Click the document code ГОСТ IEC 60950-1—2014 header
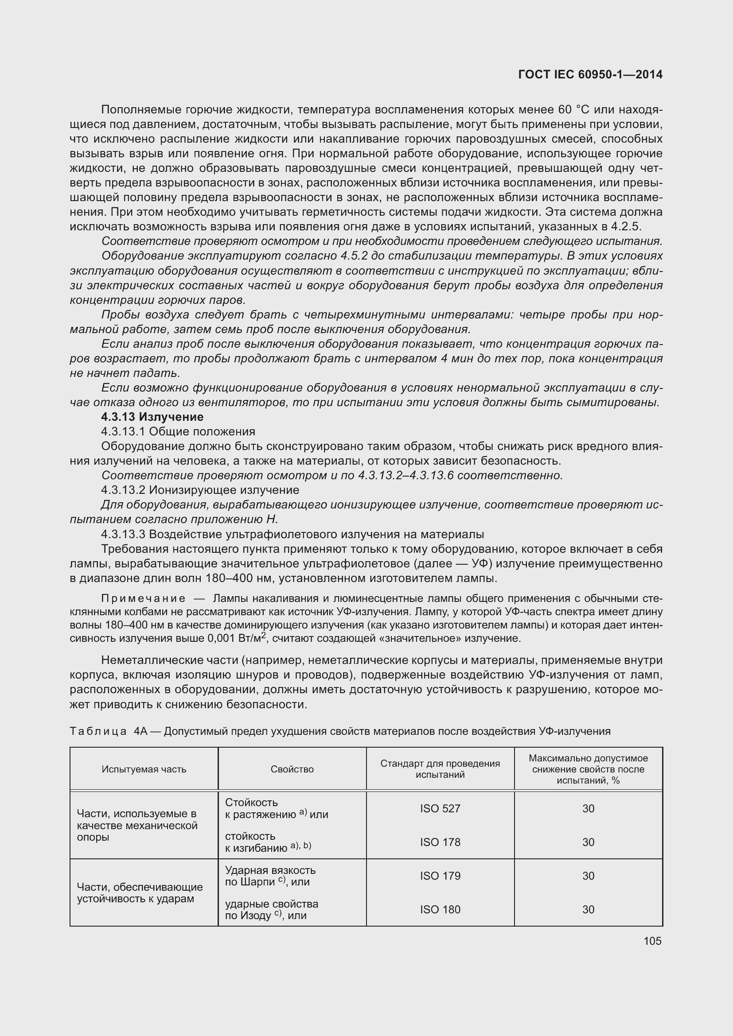point(590,74)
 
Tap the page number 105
point(652,941)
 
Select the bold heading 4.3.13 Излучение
point(152,416)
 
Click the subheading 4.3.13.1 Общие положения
point(178,431)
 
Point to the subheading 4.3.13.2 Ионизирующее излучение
point(200,490)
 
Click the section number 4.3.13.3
point(123,534)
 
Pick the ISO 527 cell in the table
point(440,809)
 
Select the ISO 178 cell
point(440,842)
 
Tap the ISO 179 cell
point(440,876)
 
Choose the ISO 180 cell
point(440,910)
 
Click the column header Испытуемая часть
point(144,769)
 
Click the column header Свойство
point(292,769)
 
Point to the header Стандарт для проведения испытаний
point(440,769)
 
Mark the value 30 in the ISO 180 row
point(588,910)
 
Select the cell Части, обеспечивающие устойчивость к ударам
point(140,892)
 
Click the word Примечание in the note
point(143,599)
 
